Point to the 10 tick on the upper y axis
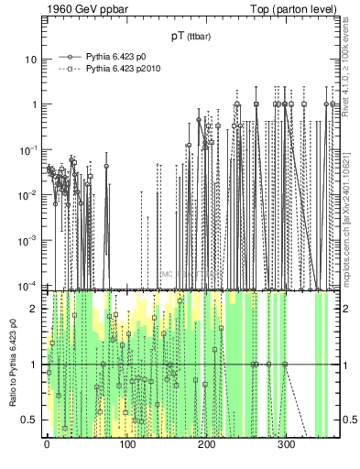[30, 60]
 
